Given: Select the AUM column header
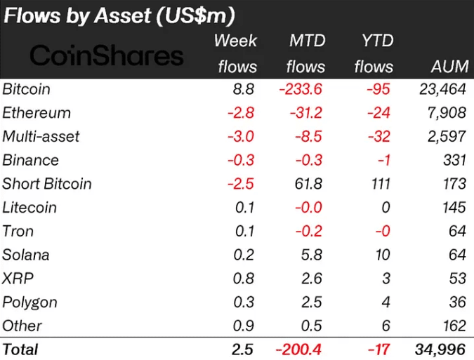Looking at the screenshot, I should (449, 67).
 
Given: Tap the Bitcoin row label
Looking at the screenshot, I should (27, 89).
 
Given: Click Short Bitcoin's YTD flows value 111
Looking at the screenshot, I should (380, 184).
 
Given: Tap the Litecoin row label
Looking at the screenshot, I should (29, 208).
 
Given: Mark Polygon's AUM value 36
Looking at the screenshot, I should (457, 302).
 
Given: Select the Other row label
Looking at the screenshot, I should (22, 326).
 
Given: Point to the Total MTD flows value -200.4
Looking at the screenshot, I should (301, 349).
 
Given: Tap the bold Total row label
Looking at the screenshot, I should (20, 349).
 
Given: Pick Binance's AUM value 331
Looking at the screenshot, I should (454, 160).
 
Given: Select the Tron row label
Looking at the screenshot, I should (18, 231).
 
